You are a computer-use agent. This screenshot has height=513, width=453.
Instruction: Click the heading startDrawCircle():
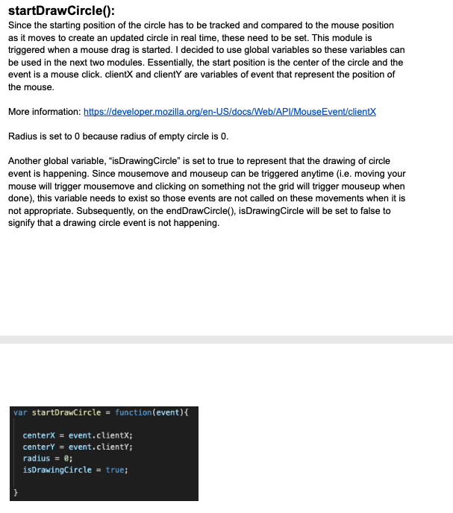click(x=60, y=10)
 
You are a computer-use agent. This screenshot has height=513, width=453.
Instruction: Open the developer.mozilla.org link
click(x=230, y=112)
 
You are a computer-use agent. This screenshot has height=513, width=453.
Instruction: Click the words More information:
click(x=44, y=112)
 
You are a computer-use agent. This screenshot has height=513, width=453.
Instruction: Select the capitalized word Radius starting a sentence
click(x=22, y=136)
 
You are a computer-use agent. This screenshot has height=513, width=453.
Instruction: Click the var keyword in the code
click(x=20, y=412)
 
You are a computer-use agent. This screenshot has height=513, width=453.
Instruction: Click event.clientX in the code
click(x=100, y=435)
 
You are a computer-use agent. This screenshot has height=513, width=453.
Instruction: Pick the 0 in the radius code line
click(x=67, y=458)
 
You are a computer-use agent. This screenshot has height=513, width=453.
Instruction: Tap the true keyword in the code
click(x=115, y=470)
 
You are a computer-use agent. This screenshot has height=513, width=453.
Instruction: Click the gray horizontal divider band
click(x=226, y=339)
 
